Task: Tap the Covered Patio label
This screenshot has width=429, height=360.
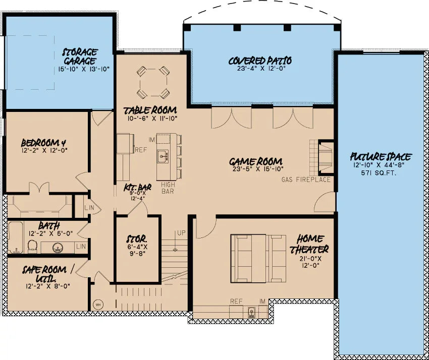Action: point(260,61)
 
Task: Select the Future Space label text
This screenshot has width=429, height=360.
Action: point(381,157)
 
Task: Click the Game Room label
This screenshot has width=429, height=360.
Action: point(255,162)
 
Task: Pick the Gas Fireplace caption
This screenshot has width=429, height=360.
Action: point(306,179)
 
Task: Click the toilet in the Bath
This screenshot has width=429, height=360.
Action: point(33,246)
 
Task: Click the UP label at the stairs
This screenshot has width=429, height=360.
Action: point(180,233)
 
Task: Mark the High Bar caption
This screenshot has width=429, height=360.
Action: point(168,188)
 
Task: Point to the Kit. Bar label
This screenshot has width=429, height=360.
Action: point(135,188)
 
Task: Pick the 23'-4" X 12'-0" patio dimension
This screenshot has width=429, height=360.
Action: point(260,70)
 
